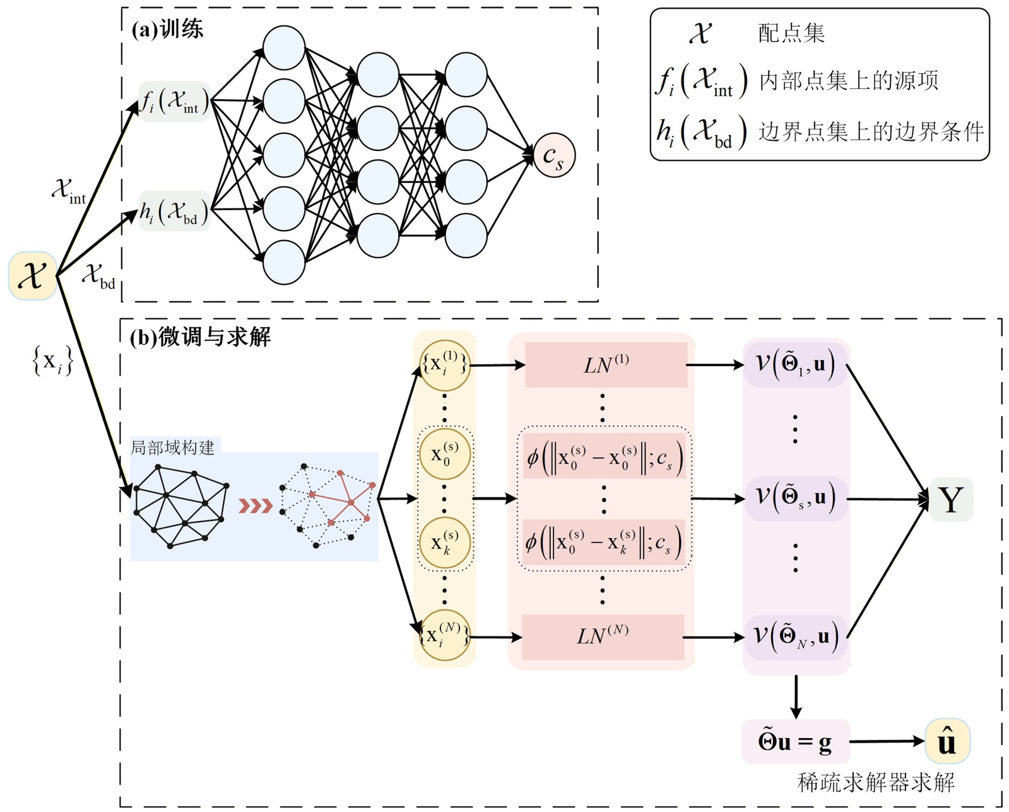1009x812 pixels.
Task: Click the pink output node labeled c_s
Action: [x=553, y=155]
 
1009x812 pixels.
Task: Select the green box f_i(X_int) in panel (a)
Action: [x=174, y=101]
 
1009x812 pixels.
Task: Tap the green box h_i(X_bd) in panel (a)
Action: [x=174, y=211]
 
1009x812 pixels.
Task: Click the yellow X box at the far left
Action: [x=32, y=276]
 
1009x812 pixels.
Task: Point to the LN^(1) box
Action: [x=606, y=365]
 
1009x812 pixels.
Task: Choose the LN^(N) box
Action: [x=603, y=637]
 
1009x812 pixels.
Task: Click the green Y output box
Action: [x=951, y=499]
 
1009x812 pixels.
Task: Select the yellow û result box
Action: [x=947, y=741]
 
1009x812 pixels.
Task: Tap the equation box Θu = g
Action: [x=795, y=741]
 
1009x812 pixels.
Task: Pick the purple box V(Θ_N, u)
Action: [x=795, y=636]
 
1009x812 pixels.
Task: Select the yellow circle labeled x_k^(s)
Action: [x=445, y=543]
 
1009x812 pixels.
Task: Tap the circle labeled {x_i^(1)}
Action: [x=445, y=365]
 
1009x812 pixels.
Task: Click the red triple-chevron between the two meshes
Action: [x=255, y=506]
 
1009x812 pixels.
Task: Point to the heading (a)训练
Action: [x=167, y=29]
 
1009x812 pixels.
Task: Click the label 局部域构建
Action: [x=172, y=448]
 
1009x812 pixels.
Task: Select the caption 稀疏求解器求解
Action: [x=876, y=783]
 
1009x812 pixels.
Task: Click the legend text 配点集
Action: [x=791, y=33]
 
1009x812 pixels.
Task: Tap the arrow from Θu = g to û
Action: [x=887, y=741]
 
